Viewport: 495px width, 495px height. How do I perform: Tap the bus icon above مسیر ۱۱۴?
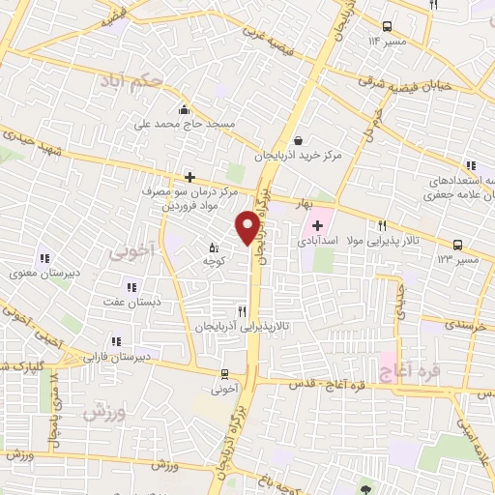pos(387,27)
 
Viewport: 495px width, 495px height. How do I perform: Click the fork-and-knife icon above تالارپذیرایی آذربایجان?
pos(243,311)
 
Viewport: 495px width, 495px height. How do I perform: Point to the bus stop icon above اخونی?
pos(224,373)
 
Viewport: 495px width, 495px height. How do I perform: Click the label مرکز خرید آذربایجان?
pos(299,156)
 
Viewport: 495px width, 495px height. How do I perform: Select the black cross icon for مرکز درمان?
pos(189,177)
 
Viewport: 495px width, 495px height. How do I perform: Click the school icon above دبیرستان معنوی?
pos(44,258)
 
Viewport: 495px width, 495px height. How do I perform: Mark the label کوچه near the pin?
pos(214,262)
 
